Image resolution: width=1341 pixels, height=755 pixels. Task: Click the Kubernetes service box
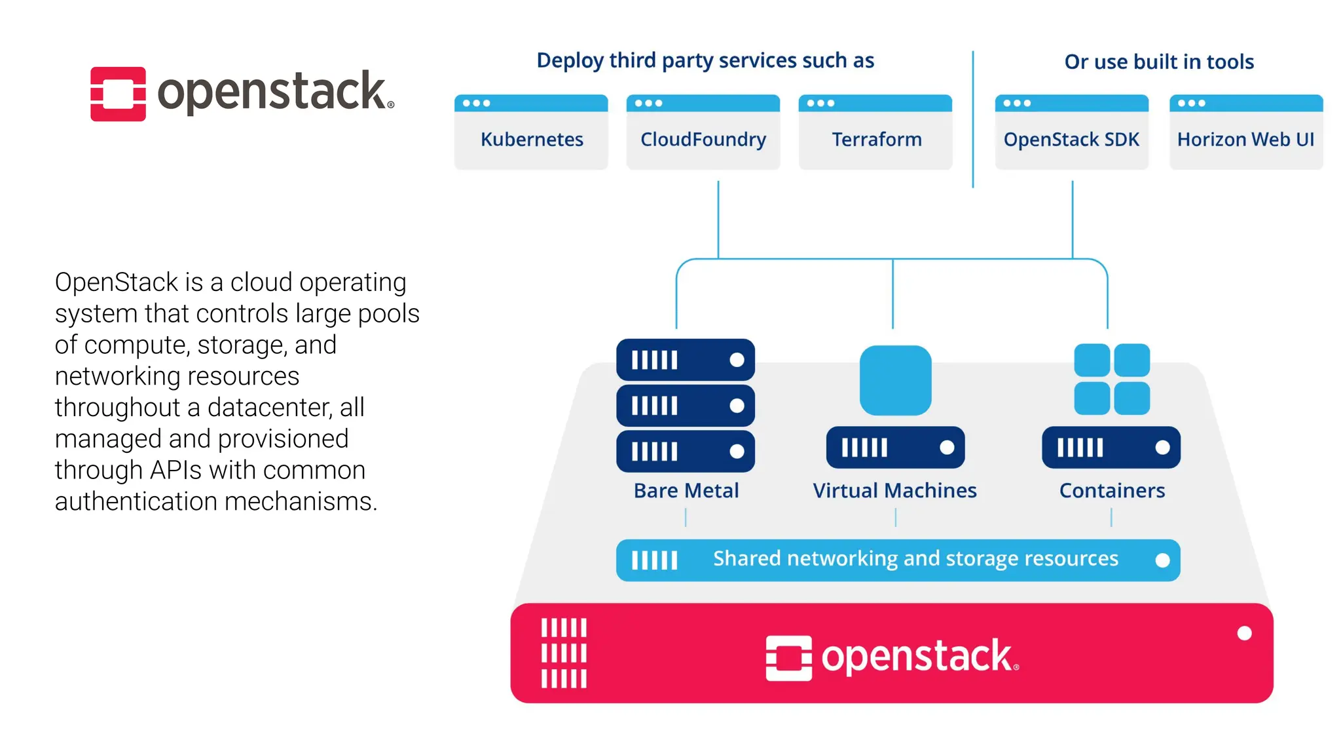pos(531,133)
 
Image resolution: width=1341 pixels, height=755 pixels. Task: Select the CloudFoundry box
pos(703,133)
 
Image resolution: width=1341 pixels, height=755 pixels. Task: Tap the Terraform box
pos(875,133)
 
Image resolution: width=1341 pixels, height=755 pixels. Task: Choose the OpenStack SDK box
pos(1071,133)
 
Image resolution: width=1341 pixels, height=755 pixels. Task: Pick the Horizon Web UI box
pos(1245,133)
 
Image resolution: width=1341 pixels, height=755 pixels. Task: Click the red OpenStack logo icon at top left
pos(118,94)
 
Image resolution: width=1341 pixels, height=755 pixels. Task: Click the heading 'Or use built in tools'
pos(1158,62)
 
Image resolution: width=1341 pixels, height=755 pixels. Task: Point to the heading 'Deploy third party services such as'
pos(705,60)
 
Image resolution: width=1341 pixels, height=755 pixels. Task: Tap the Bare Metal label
pos(686,490)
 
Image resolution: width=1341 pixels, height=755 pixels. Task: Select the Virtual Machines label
pos(894,490)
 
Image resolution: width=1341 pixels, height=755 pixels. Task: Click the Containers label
pos(1112,490)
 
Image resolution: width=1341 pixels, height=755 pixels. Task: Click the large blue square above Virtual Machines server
pos(895,380)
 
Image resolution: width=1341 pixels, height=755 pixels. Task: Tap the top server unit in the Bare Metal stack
pos(685,360)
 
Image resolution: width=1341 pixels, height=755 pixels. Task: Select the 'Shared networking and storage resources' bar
pos(898,560)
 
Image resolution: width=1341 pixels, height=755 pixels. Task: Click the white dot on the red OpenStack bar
pos(1244,633)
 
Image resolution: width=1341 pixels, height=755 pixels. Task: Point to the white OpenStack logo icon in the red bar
pos(788,657)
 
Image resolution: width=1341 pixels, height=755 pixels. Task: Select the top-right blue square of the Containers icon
pos(1131,360)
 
